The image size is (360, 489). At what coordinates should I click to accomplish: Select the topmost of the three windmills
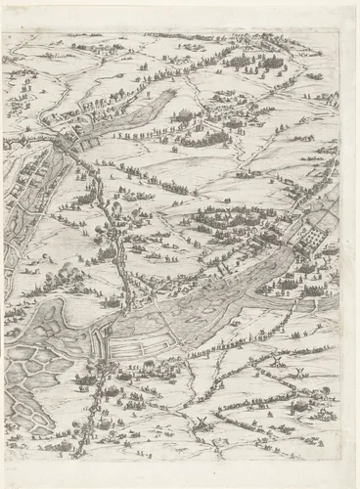(x=277, y=362)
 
